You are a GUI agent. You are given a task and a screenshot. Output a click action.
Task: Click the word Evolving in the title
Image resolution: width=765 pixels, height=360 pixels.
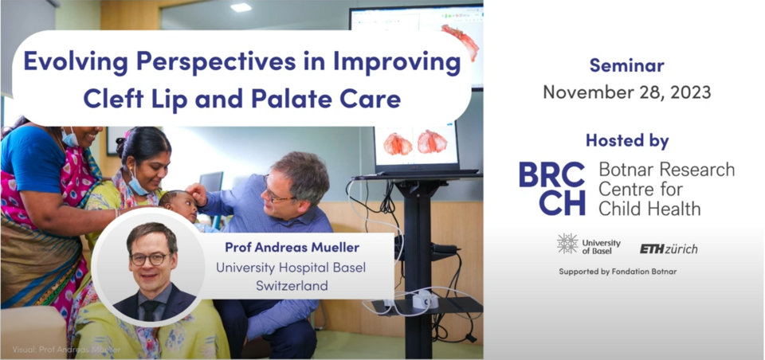pos(76,63)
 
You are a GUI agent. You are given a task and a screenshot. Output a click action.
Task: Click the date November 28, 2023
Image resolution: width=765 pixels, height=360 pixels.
pos(627,92)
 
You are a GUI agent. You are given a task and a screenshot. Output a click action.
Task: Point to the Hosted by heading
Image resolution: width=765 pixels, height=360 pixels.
pos(627,141)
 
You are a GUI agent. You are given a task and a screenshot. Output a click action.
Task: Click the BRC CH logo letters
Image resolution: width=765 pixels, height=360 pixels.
pos(551,189)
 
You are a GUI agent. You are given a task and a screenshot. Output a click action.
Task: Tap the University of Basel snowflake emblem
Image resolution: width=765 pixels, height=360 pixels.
pos(567,244)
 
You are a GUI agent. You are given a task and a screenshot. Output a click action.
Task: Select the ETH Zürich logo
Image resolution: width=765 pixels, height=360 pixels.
pos(669,248)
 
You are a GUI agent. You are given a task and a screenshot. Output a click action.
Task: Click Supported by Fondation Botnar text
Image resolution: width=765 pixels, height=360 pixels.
pos(618,272)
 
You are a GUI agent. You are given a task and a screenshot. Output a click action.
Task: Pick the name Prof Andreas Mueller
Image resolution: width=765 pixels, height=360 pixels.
pos(292,248)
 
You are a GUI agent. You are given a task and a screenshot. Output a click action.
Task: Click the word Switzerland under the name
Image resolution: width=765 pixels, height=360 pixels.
pos(292,286)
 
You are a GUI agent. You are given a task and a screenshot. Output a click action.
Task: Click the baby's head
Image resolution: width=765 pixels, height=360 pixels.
pos(178,205)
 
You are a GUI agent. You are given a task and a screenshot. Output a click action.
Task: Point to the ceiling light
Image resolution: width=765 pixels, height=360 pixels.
pos(240,7)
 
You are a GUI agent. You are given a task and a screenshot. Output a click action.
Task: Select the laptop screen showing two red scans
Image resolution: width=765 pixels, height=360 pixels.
pos(416,144)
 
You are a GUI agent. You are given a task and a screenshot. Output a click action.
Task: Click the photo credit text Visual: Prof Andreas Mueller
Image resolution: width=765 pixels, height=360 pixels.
pos(66,350)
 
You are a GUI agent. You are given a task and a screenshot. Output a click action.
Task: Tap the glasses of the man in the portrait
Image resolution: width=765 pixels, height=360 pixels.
pos(149,260)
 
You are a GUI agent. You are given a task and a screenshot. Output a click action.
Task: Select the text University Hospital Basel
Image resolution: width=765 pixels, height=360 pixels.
pos(291,268)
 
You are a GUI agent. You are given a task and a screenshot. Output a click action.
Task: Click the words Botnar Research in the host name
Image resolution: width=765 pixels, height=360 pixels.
pos(666,170)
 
